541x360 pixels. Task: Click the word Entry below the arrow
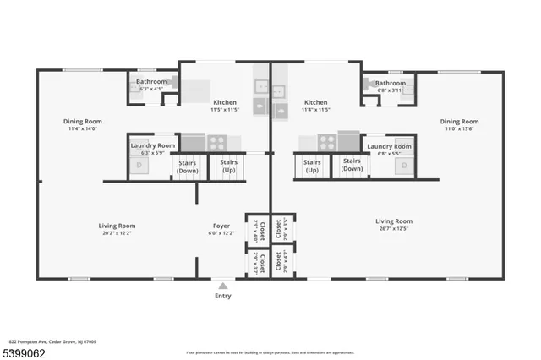click(223, 296)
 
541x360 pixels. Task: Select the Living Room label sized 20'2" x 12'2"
click(117, 226)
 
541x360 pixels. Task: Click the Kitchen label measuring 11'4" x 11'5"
click(315, 102)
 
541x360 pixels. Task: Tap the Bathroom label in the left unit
click(152, 82)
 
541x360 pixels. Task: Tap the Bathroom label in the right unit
click(391, 83)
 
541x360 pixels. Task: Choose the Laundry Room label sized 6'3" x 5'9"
click(153, 146)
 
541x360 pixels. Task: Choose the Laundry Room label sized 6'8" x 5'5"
click(390, 146)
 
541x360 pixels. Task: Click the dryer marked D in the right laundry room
click(404, 165)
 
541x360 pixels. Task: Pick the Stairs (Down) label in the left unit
click(188, 166)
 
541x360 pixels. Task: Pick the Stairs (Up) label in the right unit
click(312, 166)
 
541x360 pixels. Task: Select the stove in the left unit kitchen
click(216, 143)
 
